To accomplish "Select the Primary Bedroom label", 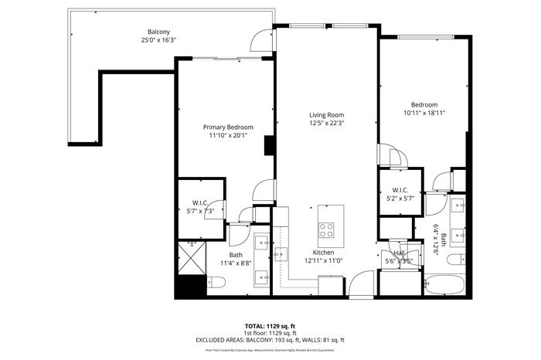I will coord(223,127).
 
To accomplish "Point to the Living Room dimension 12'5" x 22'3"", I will coord(325,123).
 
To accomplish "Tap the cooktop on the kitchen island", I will coord(326,229).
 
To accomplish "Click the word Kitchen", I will coord(324,253).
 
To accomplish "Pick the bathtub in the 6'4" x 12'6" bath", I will coord(444,285).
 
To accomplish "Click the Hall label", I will coord(399,253).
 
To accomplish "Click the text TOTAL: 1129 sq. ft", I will coord(270,325).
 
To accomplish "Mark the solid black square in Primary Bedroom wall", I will coord(269,145).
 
